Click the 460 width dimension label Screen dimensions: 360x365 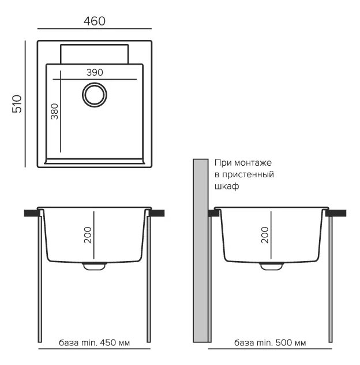(x=95, y=21)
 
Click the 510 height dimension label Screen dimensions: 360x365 (x=17, y=104)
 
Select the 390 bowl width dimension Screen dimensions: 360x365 (x=95, y=72)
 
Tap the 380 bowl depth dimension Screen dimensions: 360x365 (x=54, y=111)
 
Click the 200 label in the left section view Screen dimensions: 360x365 (x=88, y=235)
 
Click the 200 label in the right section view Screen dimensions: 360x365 (x=265, y=235)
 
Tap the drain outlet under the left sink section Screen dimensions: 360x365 (x=94, y=266)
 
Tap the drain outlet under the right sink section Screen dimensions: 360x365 (x=271, y=266)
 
